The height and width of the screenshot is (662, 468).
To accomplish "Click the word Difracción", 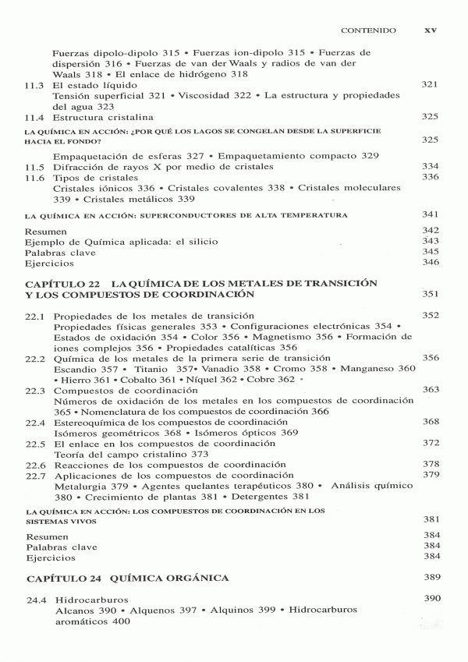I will [x=80, y=167].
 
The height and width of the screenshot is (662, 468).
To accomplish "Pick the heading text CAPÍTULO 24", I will [x=64, y=579].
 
